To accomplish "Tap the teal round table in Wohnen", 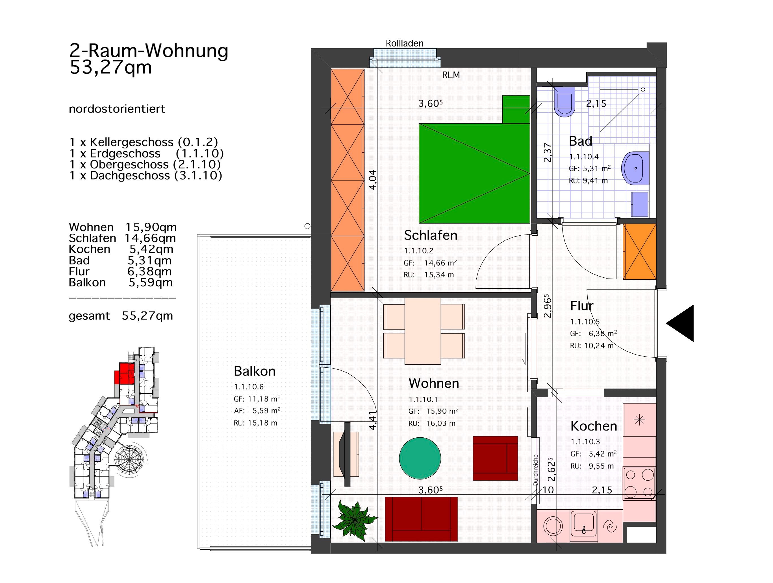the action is tap(420, 458).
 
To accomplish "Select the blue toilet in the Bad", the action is tap(564, 101).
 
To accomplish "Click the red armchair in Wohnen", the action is tap(495, 458).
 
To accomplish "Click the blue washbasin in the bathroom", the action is tap(635, 168).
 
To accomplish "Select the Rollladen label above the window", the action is tap(404, 43).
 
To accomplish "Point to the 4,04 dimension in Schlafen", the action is tap(373, 180).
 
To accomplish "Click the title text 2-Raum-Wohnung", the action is tap(149, 51).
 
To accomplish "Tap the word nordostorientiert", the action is tap(117, 109).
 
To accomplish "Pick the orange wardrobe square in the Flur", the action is tap(639, 251).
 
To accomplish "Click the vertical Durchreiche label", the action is tap(535, 470).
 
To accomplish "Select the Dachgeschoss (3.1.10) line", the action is tap(146, 175).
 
